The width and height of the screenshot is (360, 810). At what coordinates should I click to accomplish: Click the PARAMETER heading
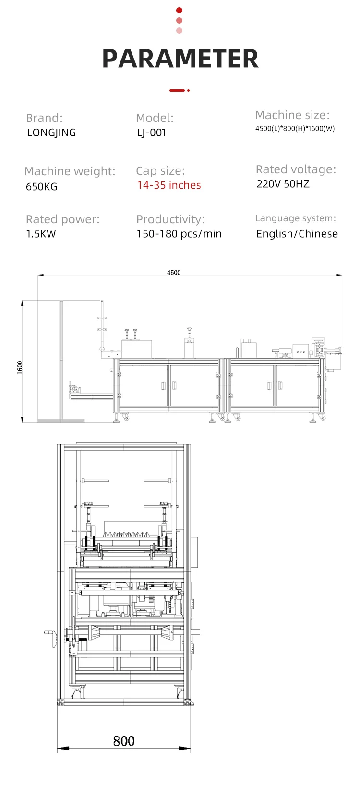point(180,59)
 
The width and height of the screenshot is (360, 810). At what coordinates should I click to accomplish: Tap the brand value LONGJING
point(51,133)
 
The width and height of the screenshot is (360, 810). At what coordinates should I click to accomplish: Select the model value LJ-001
point(151,133)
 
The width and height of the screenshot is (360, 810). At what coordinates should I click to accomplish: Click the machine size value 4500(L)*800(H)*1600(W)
point(295,128)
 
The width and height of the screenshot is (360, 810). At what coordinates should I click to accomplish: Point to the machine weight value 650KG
point(41,186)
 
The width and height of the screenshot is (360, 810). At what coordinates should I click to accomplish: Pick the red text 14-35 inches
point(168,185)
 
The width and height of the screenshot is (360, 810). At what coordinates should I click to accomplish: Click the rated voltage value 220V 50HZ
point(283,184)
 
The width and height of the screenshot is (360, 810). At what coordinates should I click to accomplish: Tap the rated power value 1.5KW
point(41,234)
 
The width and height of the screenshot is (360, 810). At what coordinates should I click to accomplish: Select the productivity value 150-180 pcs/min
point(179,234)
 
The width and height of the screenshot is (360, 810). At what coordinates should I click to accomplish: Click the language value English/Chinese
point(297,234)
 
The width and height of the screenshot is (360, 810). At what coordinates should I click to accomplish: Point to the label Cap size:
point(160,171)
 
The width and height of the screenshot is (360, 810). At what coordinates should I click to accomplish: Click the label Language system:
point(295,218)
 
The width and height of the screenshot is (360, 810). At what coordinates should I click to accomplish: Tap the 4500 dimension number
point(174,273)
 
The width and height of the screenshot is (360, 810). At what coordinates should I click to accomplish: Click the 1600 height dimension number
point(20,367)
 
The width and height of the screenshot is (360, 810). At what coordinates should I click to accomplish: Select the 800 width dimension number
point(123,741)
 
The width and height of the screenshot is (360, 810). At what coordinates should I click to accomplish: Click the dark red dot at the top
point(180,10)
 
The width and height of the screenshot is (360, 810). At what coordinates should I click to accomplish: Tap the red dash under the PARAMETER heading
point(177,90)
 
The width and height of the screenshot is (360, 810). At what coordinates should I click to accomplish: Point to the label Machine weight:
point(70,171)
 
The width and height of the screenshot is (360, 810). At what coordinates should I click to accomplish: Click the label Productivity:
point(170,219)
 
